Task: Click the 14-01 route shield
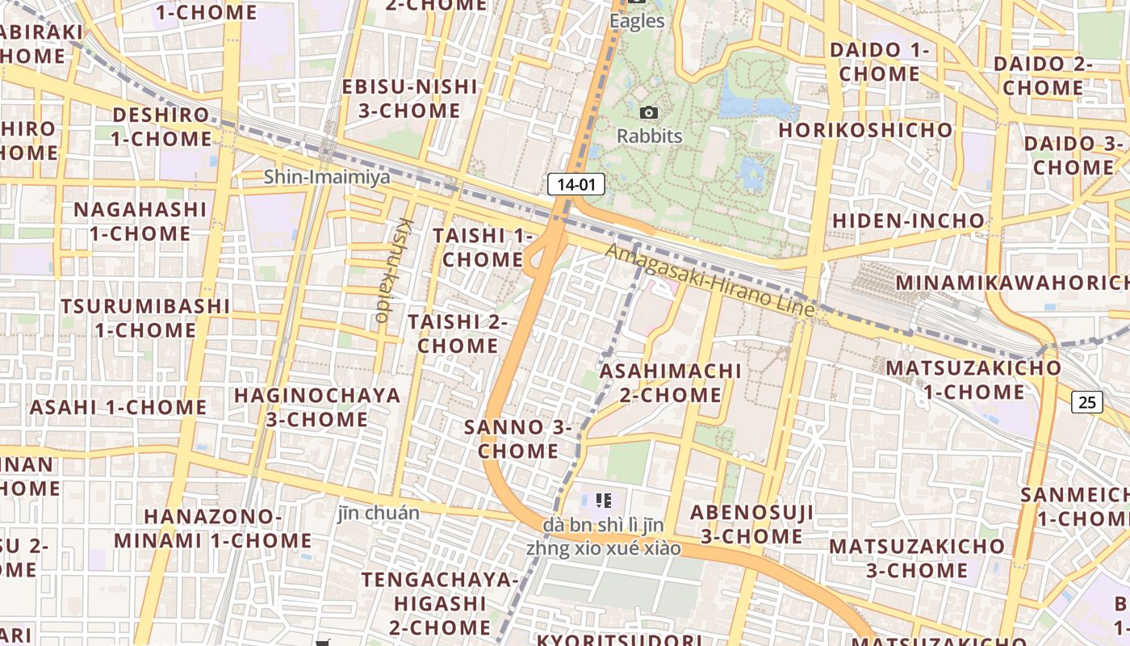tap(576, 184)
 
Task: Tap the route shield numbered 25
tap(1087, 401)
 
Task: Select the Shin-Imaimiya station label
tap(327, 176)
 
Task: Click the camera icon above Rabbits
tap(648, 113)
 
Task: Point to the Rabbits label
tap(649, 136)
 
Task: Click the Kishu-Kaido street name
tap(393, 270)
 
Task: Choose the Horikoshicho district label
tap(865, 130)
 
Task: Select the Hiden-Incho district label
tap(909, 220)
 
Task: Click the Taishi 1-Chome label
tap(483, 247)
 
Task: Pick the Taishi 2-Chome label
tap(458, 333)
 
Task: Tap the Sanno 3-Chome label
tap(518, 438)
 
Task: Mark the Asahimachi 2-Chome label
tap(670, 383)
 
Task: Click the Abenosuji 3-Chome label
tap(751, 524)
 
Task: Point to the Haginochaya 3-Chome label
tap(317, 407)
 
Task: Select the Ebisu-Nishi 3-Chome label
tap(409, 99)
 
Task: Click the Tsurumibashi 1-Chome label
tap(145, 318)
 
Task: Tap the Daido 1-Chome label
tap(879, 61)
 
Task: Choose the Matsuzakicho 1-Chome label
tap(973, 380)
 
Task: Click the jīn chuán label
tap(379, 513)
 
